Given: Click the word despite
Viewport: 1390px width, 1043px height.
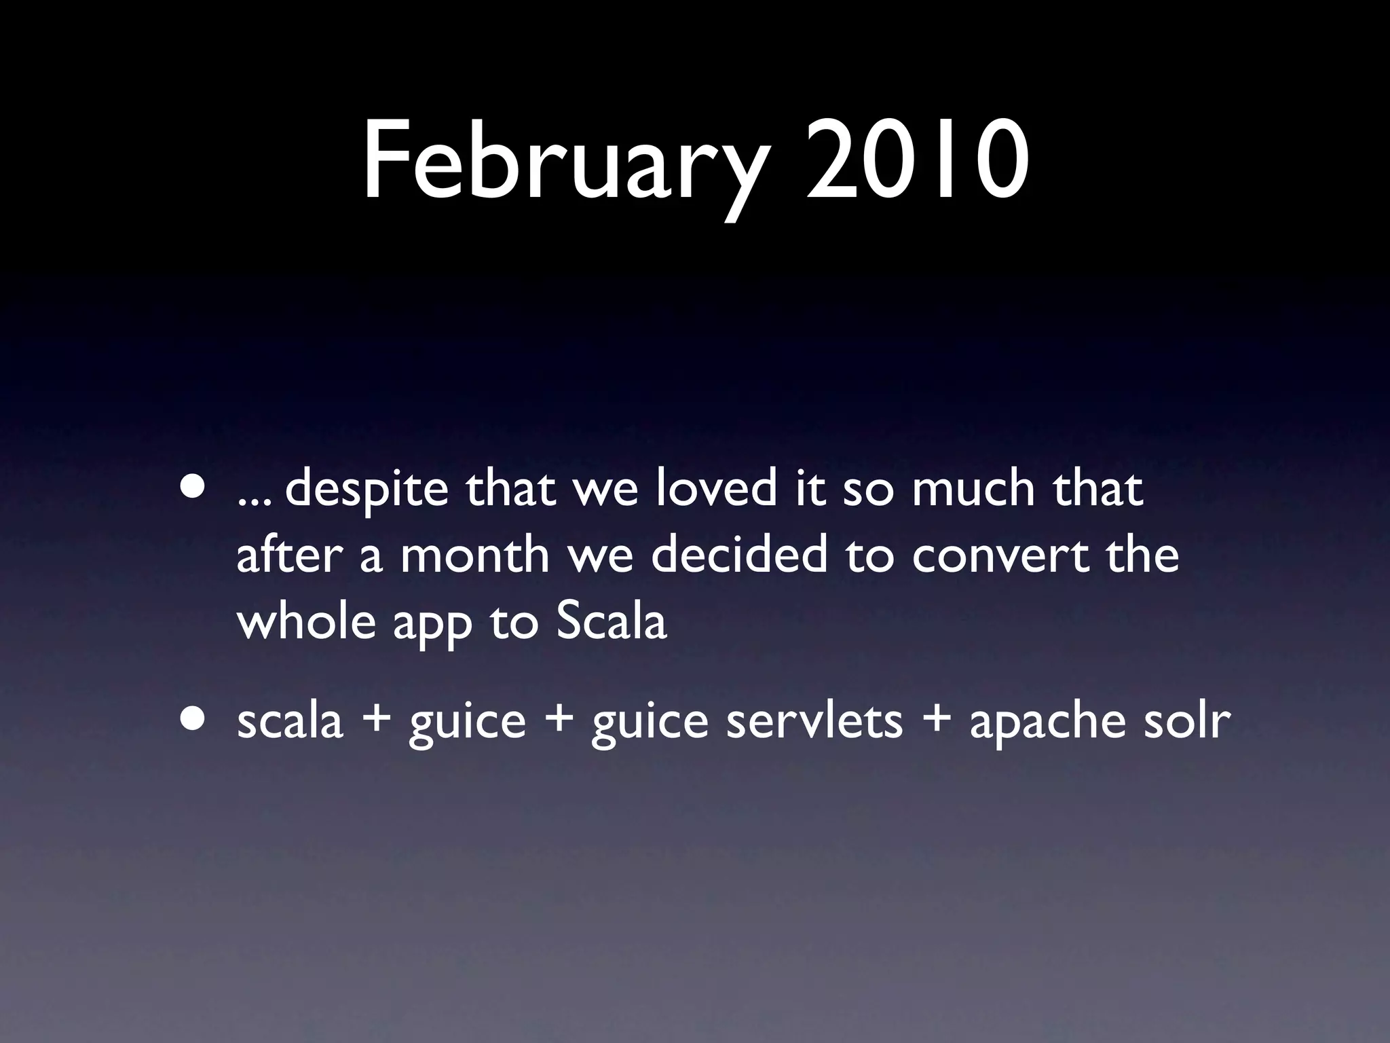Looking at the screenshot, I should (x=367, y=490).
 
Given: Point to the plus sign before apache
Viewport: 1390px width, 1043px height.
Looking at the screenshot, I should (x=936, y=720).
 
